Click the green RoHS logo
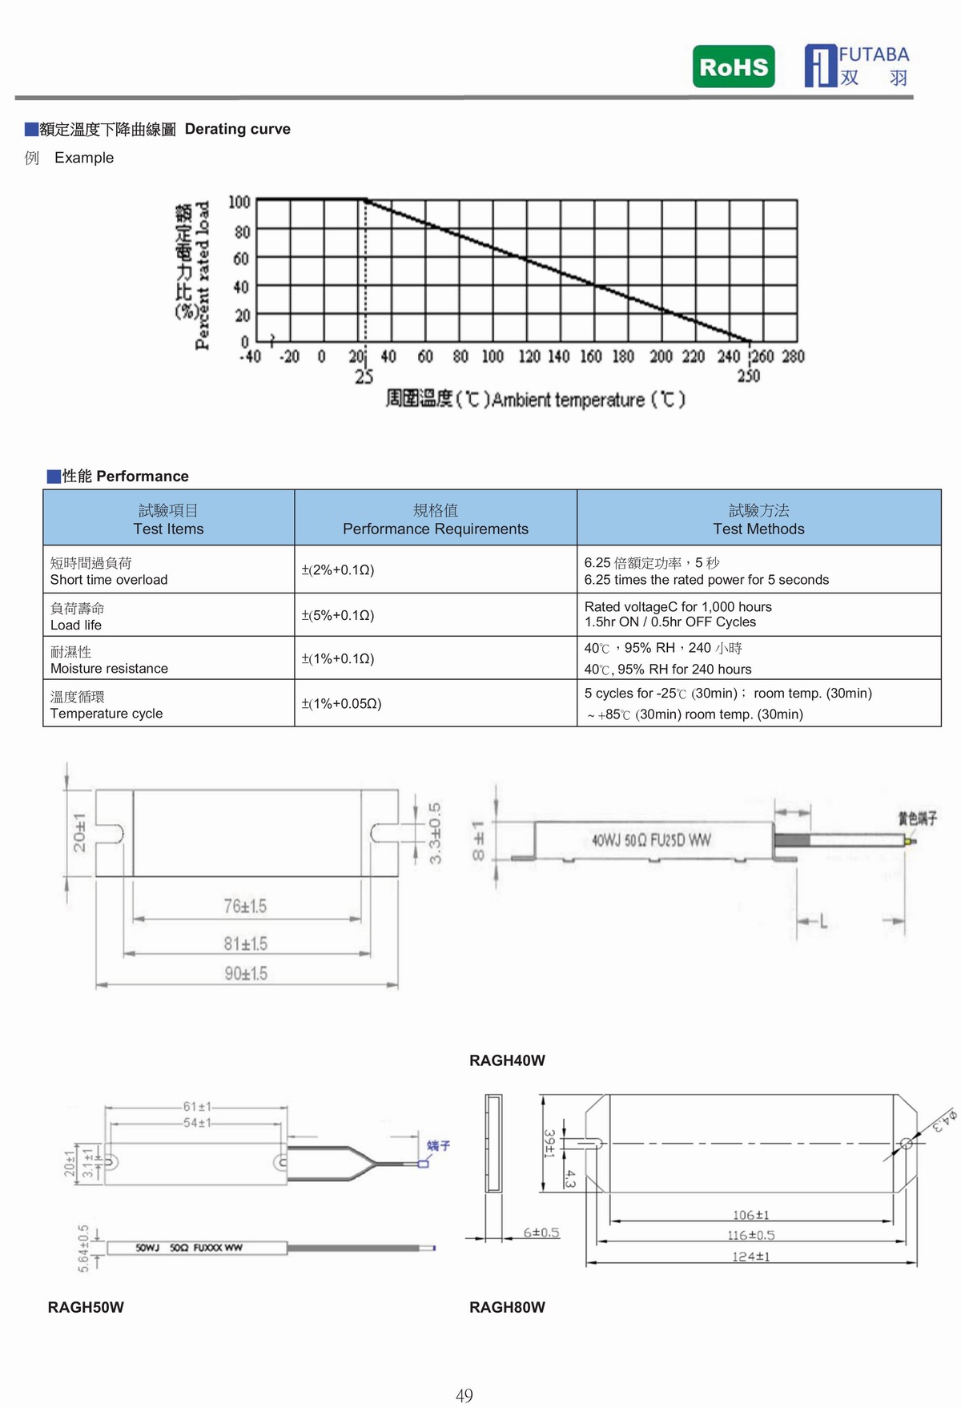[x=734, y=66]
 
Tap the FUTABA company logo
[x=857, y=66]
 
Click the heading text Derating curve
[x=237, y=129]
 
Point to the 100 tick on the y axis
[x=239, y=202]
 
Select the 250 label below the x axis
[x=748, y=376]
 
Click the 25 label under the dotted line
[x=364, y=376]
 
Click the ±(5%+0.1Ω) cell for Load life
[x=338, y=615]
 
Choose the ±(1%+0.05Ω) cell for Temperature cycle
[x=341, y=703]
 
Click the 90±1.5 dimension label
[x=246, y=973]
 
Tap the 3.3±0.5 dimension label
[x=435, y=833]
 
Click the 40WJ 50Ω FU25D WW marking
[x=651, y=840]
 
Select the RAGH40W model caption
[x=507, y=1060]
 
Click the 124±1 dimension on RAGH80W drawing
[x=750, y=1257]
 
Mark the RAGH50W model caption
[x=86, y=1307]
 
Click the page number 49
[x=464, y=1395]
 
